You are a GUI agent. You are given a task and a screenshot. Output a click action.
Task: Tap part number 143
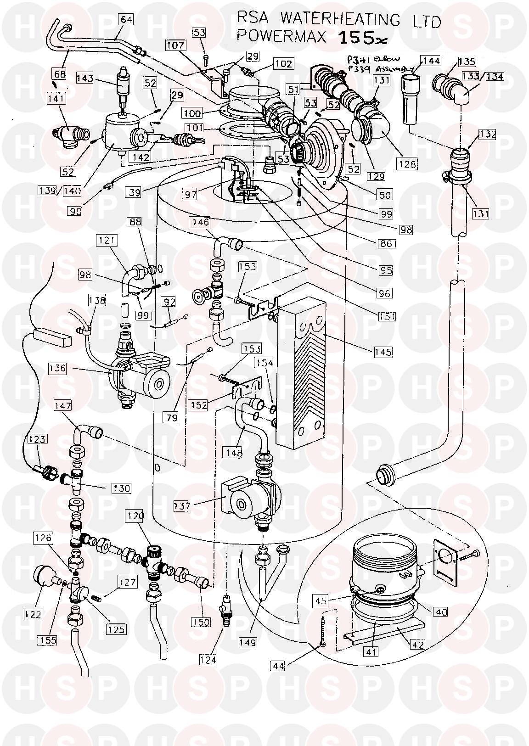click(x=85, y=78)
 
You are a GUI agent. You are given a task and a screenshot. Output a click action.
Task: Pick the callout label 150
click(x=203, y=622)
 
